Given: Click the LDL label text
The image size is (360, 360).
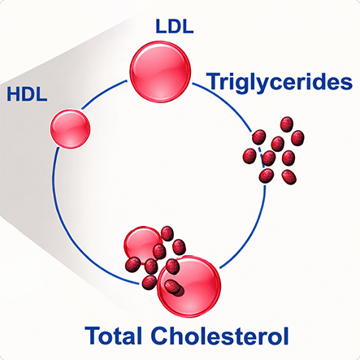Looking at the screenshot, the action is [175, 27].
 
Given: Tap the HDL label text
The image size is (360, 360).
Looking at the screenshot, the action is [27, 94].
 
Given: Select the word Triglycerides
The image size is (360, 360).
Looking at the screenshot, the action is [280, 82].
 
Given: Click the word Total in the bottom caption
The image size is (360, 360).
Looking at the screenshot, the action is [114, 336].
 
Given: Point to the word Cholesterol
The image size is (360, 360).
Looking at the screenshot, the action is [219, 336].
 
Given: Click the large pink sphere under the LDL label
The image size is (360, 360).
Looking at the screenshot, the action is [160, 72].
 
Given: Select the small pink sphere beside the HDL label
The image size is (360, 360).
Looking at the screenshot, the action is [70, 128].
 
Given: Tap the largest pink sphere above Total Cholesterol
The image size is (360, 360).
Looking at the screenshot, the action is [189, 286].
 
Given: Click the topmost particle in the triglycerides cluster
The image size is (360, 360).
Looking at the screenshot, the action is [287, 124].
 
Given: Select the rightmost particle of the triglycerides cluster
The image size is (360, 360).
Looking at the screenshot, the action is [297, 138].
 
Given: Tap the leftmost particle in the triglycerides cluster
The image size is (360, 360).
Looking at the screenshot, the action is [249, 156].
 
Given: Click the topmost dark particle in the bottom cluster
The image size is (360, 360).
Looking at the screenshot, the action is [167, 233].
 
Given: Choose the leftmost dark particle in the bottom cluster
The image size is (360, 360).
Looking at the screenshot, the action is [132, 265].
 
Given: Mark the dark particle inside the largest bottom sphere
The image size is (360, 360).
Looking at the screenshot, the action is [173, 287].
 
